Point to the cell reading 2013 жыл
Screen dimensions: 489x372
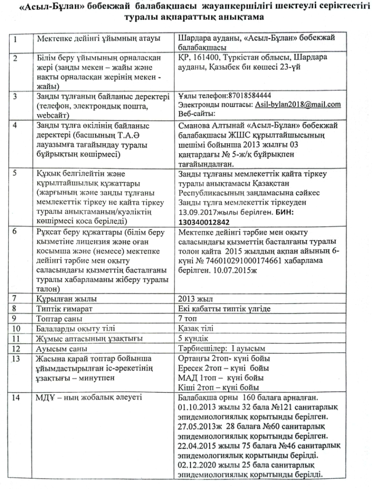pyautogui.click(x=192, y=298)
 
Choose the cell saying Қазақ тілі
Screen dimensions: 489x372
pyautogui.click(x=196, y=329)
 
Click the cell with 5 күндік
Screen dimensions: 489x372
pyautogui.click(x=192, y=339)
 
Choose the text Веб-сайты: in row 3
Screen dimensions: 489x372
pyautogui.click(x=196, y=114)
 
